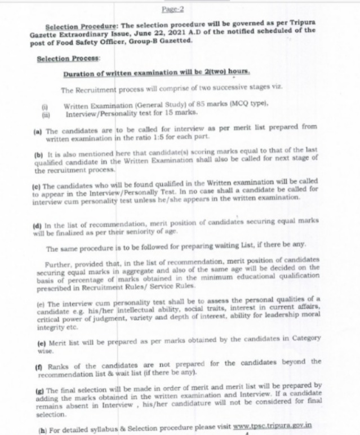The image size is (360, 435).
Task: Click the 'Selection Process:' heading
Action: [68, 58]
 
